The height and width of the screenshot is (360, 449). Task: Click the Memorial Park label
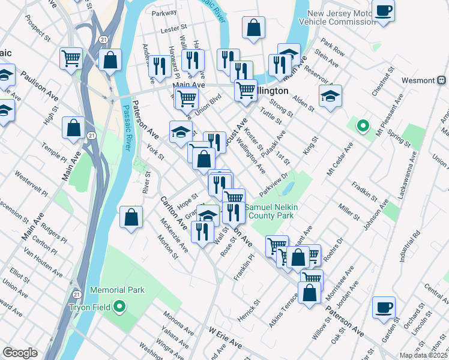(118, 290)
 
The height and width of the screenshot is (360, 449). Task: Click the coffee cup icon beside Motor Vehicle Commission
(383, 11)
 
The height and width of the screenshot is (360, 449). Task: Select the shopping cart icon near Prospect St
(71, 58)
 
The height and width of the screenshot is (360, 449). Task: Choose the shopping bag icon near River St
(131, 217)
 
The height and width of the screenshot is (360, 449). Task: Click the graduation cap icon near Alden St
(330, 95)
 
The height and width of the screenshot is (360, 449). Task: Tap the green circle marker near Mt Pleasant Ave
(363, 126)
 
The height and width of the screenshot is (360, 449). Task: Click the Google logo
(20, 353)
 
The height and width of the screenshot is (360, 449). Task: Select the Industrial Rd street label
(415, 245)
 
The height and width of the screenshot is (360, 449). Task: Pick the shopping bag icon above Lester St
(254, 27)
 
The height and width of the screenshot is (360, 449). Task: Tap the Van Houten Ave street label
(42, 261)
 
